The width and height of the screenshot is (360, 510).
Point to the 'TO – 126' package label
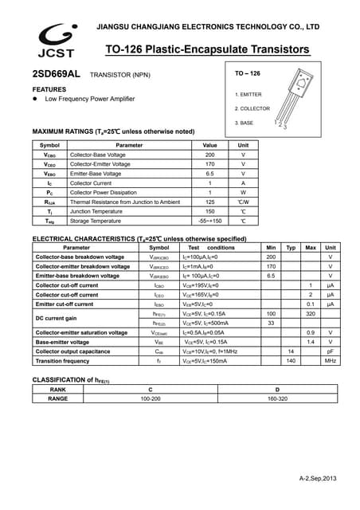[248, 74]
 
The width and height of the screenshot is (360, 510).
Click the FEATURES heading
[49, 89]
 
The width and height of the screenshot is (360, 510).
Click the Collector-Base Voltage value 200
[209, 155]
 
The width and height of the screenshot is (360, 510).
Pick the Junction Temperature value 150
[209, 211]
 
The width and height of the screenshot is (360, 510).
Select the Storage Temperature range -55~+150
[209, 221]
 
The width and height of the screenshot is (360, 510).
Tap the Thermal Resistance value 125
[209, 202]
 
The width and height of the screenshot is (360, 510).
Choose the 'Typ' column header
[291, 248]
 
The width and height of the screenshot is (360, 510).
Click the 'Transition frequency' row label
[63, 361]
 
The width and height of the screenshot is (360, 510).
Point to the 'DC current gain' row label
[57, 318]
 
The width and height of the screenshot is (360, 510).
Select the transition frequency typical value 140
[291, 361]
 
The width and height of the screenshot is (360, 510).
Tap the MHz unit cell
[330, 361]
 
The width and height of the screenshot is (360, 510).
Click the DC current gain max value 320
[311, 314]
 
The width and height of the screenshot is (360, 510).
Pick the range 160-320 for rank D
[277, 398]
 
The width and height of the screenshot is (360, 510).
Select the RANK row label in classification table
[57, 388]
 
